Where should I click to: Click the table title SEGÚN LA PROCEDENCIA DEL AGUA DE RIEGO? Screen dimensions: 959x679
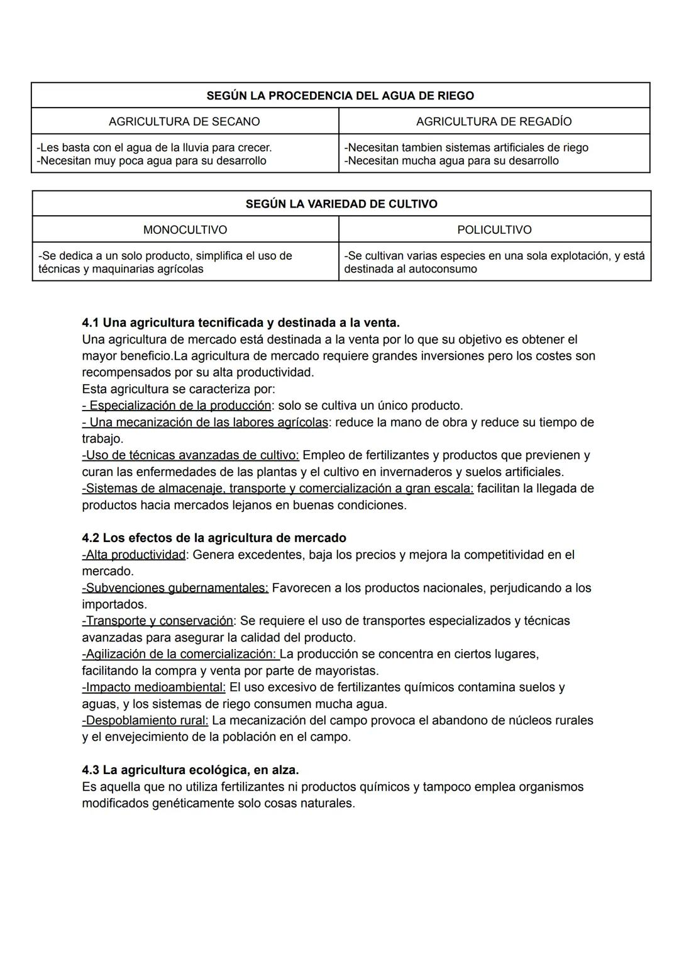[340, 96]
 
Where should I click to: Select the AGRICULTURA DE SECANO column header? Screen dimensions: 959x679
[184, 121]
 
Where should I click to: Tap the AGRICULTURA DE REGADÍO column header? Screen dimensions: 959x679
[494, 121]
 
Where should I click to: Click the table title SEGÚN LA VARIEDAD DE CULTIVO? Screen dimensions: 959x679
[341, 204]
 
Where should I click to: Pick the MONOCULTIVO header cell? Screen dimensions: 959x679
[185, 230]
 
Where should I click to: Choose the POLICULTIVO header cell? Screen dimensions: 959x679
[494, 230]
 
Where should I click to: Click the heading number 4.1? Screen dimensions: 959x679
[91, 323]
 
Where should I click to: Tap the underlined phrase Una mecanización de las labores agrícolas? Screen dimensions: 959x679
[206, 422]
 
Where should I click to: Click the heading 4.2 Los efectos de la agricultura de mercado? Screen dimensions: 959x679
[214, 538]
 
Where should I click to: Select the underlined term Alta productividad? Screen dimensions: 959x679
[135, 555]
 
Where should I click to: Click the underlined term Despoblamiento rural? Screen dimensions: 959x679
[146, 720]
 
